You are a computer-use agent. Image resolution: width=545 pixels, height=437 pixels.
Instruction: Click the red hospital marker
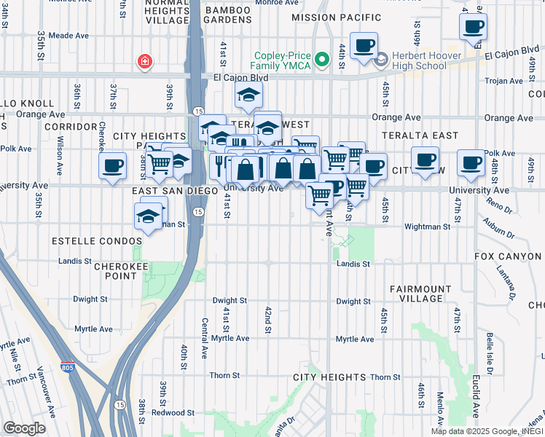[x=146, y=62]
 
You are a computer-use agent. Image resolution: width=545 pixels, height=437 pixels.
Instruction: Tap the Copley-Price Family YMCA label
[x=281, y=62]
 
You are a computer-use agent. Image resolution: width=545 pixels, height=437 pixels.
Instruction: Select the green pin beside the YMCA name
[x=319, y=57]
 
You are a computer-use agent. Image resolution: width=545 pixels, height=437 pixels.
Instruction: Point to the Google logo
[x=24, y=428]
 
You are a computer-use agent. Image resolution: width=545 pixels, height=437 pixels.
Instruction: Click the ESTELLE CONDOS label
[x=96, y=240]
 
